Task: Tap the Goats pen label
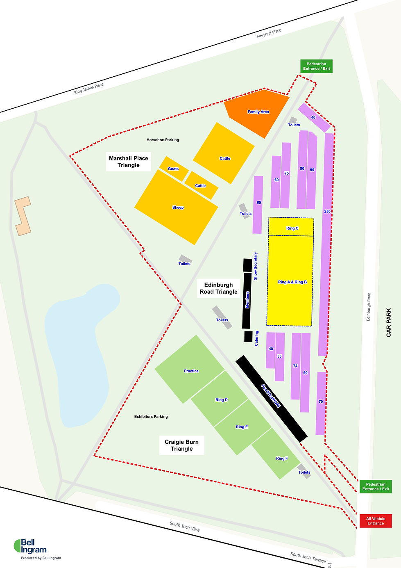173,169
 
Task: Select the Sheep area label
178,208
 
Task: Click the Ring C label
292,228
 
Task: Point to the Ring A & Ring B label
292,282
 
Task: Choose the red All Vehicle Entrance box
376,521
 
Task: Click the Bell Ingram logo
30,547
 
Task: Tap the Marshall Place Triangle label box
129,162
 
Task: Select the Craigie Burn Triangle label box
181,445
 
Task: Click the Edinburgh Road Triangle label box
218,288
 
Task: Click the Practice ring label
191,371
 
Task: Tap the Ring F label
281,459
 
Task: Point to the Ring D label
221,400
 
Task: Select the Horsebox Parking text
163,140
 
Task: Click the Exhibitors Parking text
151,417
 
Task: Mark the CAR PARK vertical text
388,322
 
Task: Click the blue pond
78,353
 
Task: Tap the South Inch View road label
185,527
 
